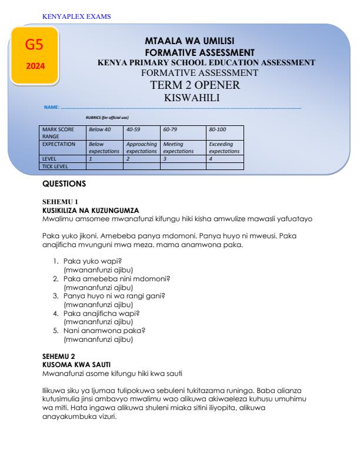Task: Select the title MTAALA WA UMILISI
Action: (189, 41)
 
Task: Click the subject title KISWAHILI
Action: (190, 98)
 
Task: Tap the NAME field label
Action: (51, 108)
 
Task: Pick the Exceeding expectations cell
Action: (224, 147)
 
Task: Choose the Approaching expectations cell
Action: (141, 147)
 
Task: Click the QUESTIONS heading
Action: (65, 184)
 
